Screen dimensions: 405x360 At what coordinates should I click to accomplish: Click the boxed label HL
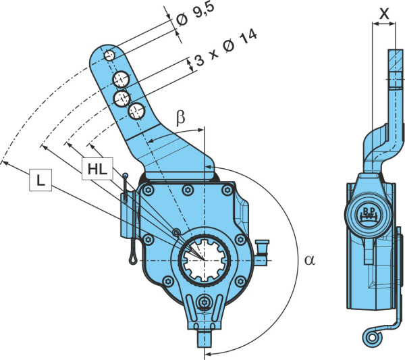97,169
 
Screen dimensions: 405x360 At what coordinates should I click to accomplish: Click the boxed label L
40,180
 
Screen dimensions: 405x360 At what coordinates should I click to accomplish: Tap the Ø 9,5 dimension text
195,15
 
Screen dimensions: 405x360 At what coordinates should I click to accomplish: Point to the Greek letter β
181,118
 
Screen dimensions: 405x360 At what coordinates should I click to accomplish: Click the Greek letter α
310,260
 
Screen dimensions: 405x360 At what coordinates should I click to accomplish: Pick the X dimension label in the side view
384,14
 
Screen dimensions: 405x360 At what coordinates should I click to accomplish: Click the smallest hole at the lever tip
109,55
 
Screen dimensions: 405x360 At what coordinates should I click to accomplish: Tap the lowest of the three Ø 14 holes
136,111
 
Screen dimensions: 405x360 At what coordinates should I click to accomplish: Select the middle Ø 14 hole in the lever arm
122,98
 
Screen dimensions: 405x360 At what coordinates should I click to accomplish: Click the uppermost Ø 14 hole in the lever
121,80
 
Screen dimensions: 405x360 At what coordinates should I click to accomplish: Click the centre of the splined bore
204,260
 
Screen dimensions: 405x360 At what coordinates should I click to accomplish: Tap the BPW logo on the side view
368,213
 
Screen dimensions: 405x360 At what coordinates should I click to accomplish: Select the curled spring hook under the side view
373,337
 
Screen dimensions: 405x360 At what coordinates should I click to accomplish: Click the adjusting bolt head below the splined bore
205,303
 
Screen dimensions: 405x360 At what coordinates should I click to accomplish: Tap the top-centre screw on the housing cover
187,190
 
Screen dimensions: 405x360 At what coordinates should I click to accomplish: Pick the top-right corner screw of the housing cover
227,190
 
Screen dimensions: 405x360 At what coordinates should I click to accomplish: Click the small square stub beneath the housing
205,338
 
